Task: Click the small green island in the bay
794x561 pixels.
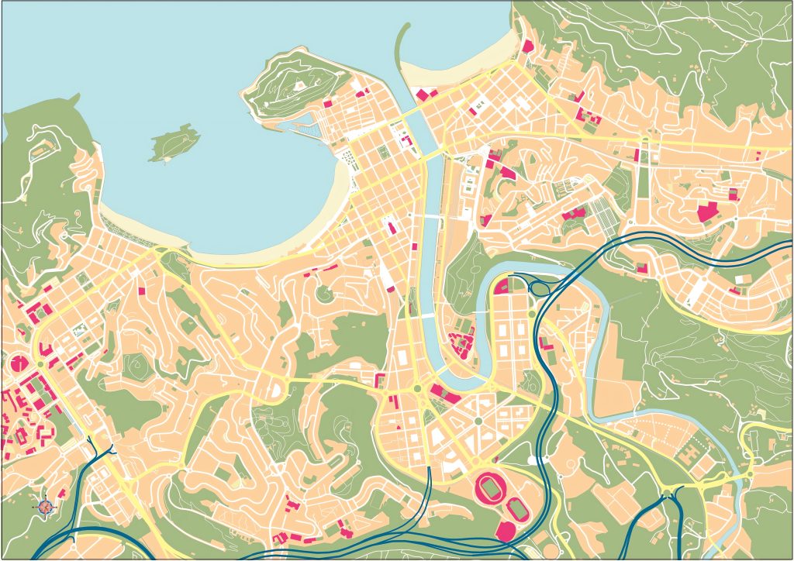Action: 174,143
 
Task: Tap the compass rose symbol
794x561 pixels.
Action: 45,506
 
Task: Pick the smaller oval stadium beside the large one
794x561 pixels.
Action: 517,508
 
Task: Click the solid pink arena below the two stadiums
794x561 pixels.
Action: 505,530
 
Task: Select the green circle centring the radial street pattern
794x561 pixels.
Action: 478,421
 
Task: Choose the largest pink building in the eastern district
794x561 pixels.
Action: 708,212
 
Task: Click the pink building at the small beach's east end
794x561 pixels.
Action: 527,46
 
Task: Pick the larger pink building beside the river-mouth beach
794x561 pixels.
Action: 423,95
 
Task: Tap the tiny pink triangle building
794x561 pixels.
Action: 399,426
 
